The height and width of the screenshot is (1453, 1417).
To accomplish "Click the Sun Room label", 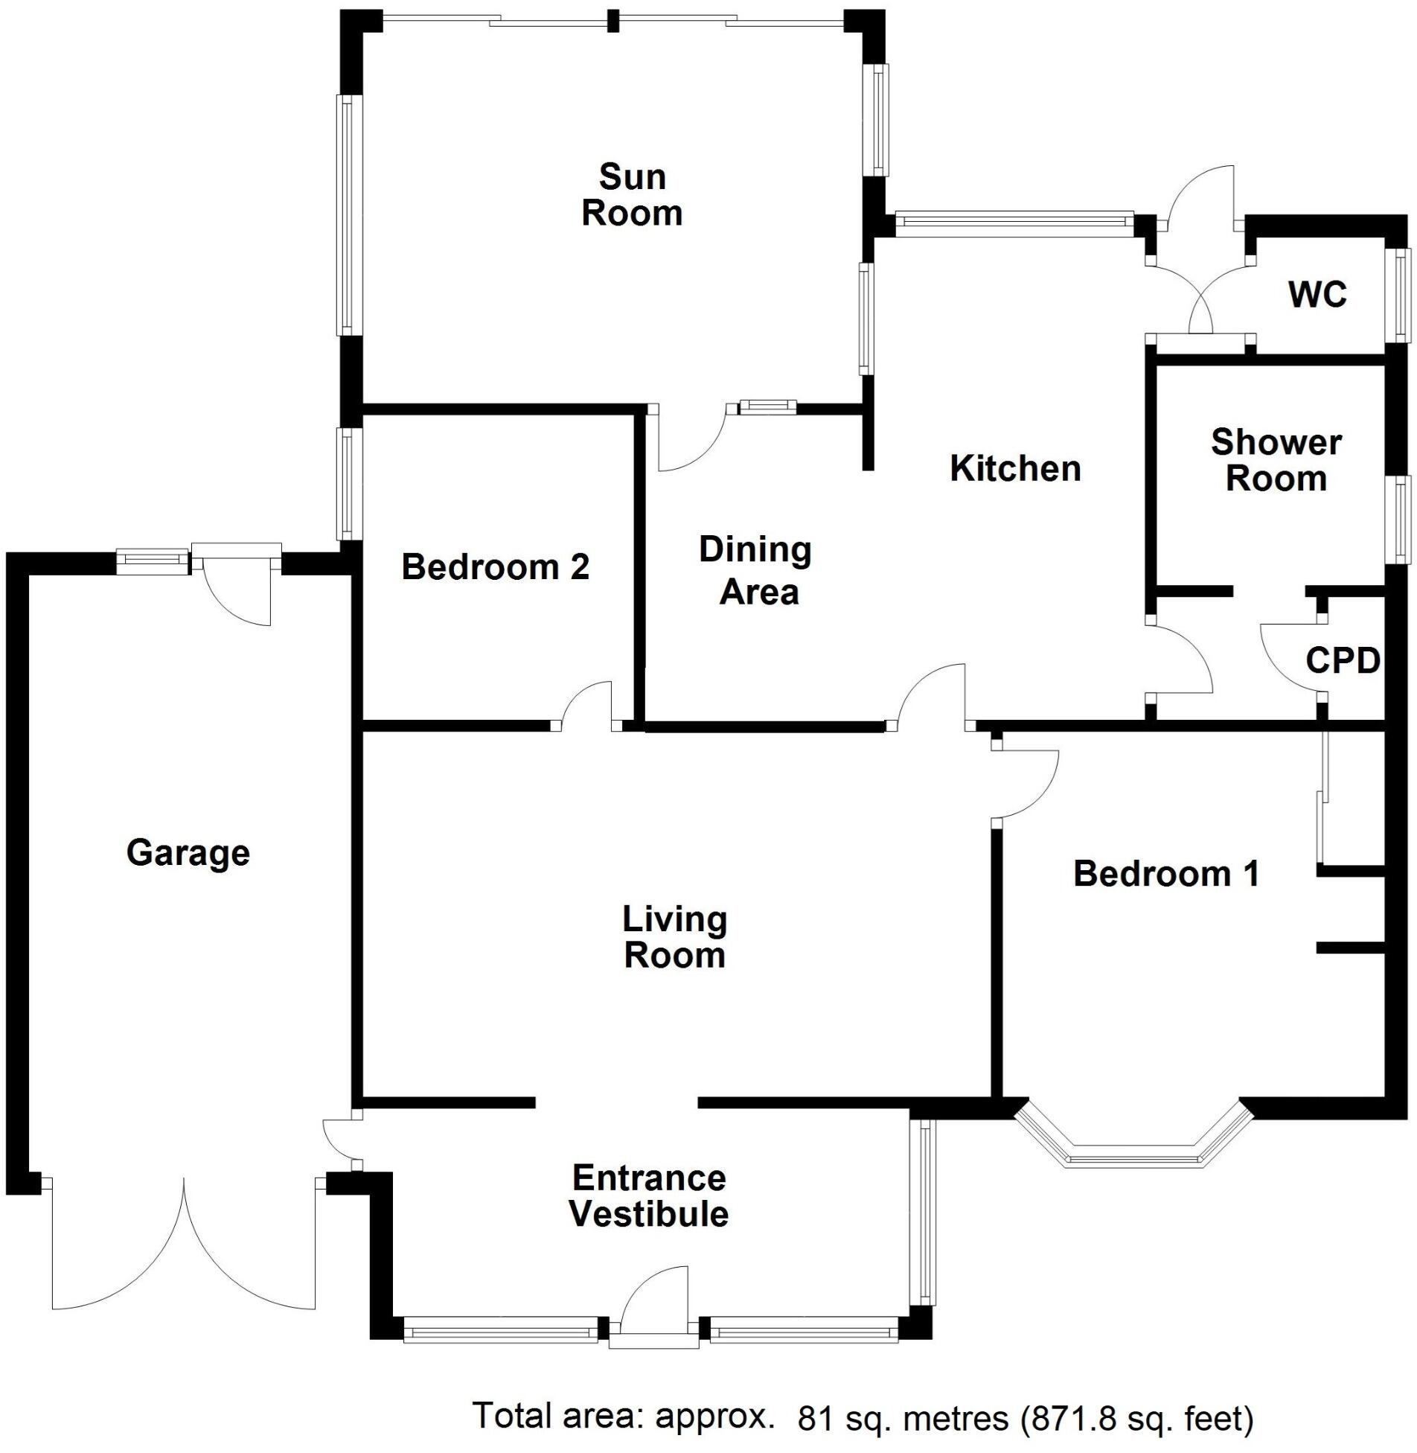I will coord(631,195).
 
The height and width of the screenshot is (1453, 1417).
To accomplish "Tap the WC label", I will coord(1317,295).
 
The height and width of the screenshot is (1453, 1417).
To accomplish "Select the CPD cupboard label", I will coord(1343,660).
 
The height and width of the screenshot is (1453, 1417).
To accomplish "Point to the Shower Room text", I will coord(1276,460).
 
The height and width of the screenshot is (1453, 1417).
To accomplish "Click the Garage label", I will coord(188,852).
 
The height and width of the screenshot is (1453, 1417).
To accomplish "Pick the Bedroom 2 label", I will coord(495,567).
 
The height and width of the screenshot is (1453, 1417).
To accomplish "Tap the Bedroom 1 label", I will coord(1165,873).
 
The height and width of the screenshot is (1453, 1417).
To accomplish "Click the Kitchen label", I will coord(1015,468).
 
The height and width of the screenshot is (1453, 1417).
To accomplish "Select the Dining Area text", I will coord(755,571).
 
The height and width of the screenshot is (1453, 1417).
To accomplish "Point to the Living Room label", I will coord(674,937).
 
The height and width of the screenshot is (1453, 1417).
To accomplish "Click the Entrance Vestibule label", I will coord(649,1196).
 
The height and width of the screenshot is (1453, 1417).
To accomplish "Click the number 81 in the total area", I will coord(814,1419).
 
